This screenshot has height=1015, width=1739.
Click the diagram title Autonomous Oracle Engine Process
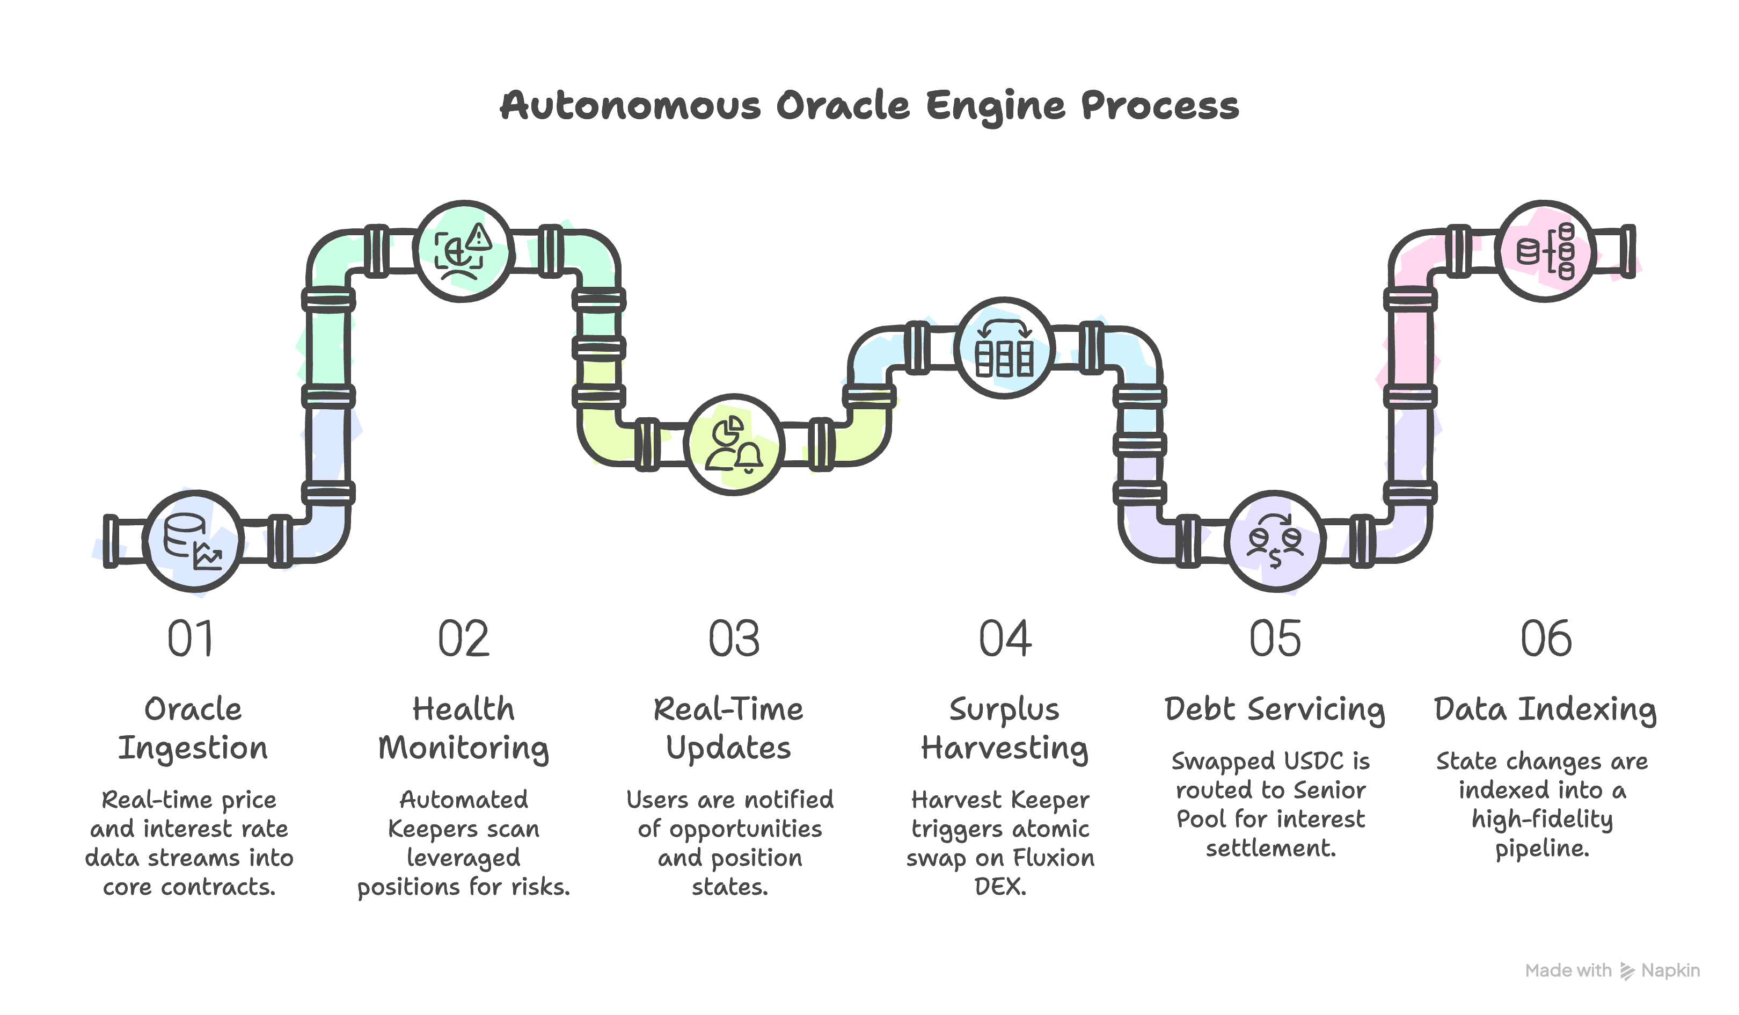[869, 106]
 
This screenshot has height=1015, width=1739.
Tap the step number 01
[191, 640]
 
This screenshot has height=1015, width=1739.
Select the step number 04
[1005, 640]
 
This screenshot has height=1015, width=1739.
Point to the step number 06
[1546, 640]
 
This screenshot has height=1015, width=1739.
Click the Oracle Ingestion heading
[193, 728]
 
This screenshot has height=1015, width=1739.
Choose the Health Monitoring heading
[463, 728]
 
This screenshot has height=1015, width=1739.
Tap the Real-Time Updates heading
[729, 728]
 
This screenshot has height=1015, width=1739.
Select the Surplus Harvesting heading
[1004, 728]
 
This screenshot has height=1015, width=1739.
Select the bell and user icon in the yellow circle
[734, 444]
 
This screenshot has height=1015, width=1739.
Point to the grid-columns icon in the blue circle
[1004, 348]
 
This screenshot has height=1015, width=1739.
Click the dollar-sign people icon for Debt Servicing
[1275, 541]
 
